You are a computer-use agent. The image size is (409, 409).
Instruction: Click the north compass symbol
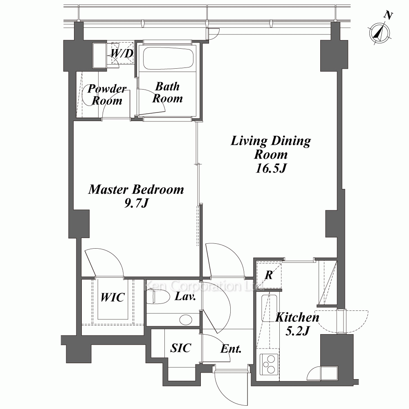pyautogui.click(x=380, y=34)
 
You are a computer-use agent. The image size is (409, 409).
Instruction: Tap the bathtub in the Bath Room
pyautogui.click(x=169, y=58)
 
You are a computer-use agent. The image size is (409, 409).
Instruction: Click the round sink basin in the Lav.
pyautogui.click(x=186, y=319)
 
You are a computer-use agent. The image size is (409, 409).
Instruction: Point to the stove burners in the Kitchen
pyautogui.click(x=269, y=364)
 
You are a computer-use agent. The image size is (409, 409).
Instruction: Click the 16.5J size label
pyautogui.click(x=271, y=168)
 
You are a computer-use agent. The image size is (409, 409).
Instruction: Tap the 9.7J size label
pyautogui.click(x=136, y=203)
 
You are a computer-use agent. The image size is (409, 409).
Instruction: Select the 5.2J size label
pyautogui.click(x=297, y=331)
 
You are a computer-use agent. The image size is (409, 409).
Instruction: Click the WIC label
pyautogui.click(x=113, y=297)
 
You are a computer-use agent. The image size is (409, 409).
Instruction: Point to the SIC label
pyautogui.click(x=180, y=348)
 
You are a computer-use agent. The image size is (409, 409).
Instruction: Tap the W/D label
pyautogui.click(x=122, y=53)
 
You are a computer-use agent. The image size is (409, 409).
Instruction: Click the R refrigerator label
pyautogui.click(x=269, y=275)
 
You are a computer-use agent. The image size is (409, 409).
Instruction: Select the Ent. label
pyautogui.click(x=231, y=349)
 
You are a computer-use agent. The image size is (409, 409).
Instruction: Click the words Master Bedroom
pyautogui.click(x=136, y=189)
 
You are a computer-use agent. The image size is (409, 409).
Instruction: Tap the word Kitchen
pyautogui.click(x=297, y=317)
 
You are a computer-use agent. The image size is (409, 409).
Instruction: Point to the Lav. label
pyautogui.click(x=185, y=296)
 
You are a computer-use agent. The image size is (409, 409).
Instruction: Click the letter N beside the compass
pyautogui.click(x=388, y=16)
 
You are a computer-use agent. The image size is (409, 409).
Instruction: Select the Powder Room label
pyautogui.click(x=107, y=94)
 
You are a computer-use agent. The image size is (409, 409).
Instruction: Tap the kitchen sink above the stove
pyautogui.click(x=269, y=308)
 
